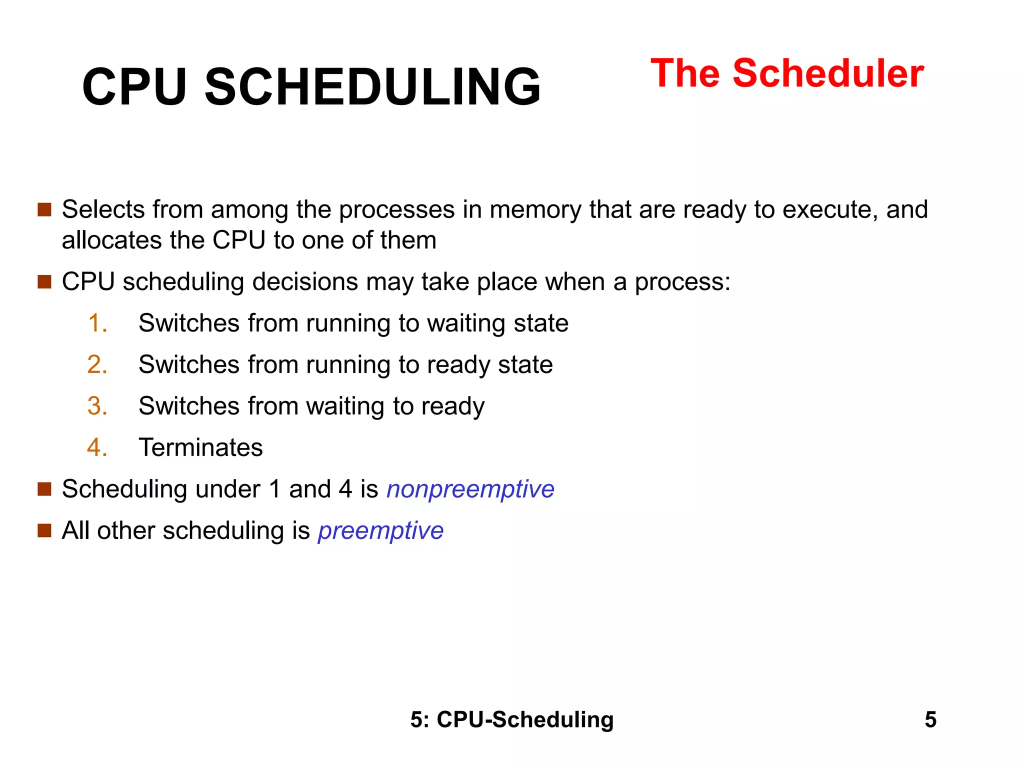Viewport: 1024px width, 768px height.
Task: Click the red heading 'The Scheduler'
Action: tap(787, 73)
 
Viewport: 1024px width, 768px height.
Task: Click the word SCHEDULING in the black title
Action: tap(372, 87)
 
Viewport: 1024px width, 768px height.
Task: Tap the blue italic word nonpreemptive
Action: tap(470, 489)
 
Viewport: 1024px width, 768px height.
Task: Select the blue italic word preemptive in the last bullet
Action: tap(380, 530)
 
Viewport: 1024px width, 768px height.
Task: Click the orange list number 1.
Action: tap(97, 323)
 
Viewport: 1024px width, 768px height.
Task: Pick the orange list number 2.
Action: tap(97, 364)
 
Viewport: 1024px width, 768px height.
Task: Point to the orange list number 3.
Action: tap(97, 406)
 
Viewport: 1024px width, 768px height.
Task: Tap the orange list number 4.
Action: tap(97, 447)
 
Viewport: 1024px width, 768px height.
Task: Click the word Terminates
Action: tap(200, 447)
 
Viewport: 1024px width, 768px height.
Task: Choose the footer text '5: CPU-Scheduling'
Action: tap(512, 720)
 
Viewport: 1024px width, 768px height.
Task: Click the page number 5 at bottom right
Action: tap(930, 720)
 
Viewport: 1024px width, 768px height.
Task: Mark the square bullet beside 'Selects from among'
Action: tap(44, 209)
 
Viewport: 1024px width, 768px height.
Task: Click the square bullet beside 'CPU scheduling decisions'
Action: tap(44, 282)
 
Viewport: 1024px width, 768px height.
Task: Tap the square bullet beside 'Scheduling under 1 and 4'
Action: tap(44, 489)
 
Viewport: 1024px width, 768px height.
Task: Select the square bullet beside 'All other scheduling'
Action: tap(44, 530)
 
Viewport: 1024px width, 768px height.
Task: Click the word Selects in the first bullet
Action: tap(103, 209)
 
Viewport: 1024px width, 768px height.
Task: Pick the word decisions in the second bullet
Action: tap(305, 282)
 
